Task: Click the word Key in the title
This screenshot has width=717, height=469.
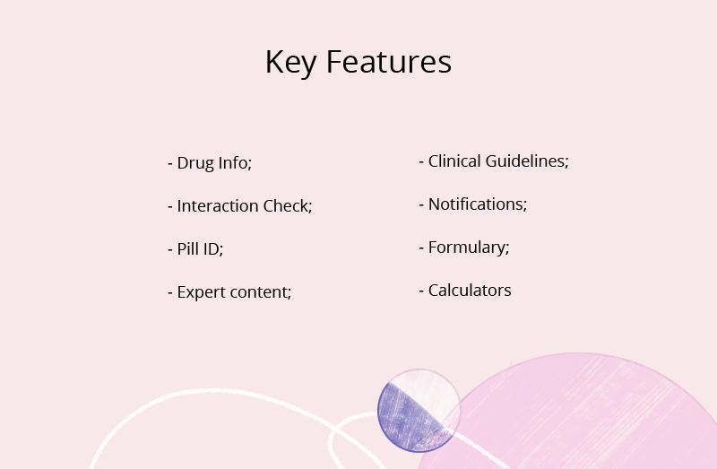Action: pyautogui.click(x=290, y=63)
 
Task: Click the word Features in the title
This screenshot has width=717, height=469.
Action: pyautogui.click(x=389, y=62)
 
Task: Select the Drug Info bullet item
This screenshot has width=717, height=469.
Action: pyautogui.click(x=210, y=163)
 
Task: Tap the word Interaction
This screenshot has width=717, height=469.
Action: pyautogui.click(x=218, y=206)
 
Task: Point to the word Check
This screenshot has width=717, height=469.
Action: pyautogui.click(x=288, y=206)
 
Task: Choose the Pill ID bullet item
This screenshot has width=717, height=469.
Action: pyautogui.click(x=195, y=249)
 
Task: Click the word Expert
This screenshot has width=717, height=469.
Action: pyautogui.click(x=201, y=293)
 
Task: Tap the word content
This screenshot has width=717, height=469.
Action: pyautogui.click(x=260, y=292)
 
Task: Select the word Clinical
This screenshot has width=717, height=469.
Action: pyautogui.click(x=454, y=161)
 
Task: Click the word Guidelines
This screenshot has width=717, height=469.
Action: pyautogui.click(x=527, y=161)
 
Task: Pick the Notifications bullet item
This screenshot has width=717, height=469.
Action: pyautogui.click(x=473, y=204)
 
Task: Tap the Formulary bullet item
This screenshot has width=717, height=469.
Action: pyautogui.click(x=464, y=248)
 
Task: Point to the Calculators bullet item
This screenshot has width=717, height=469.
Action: pyautogui.click(x=465, y=290)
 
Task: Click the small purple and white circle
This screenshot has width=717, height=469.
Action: pyautogui.click(x=419, y=411)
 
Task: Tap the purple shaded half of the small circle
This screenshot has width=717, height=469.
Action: pyautogui.click(x=405, y=421)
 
